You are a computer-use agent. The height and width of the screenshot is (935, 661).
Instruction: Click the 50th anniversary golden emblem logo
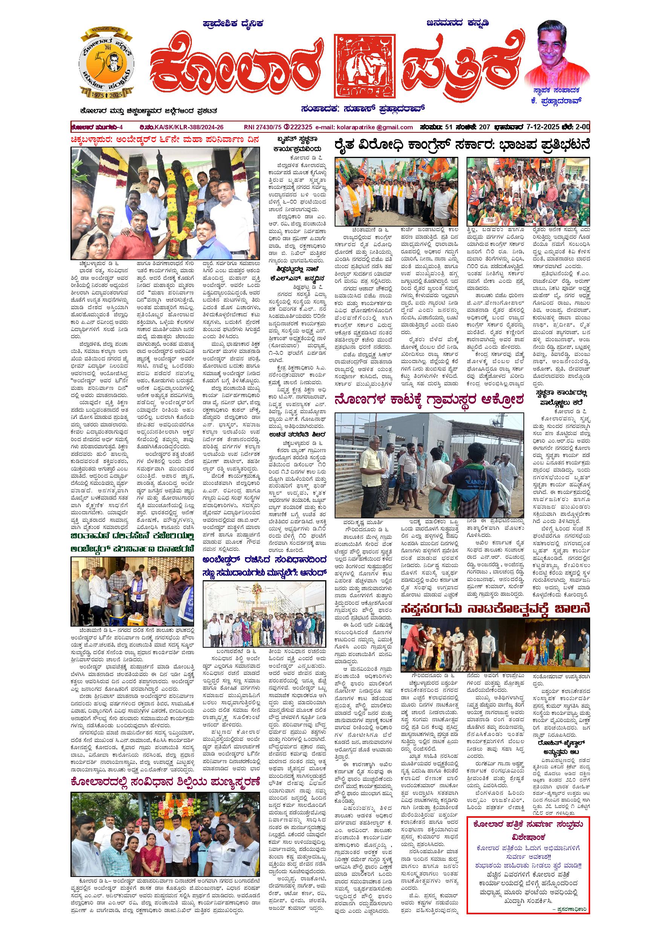pos(106,62)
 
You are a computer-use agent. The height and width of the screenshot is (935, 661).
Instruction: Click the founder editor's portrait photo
pos(557,52)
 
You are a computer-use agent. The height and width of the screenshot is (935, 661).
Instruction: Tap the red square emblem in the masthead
pos(365,66)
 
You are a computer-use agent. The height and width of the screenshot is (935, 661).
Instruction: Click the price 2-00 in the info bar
pos(581,127)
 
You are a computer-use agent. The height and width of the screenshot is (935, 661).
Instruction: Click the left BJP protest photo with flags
pos(396,192)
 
